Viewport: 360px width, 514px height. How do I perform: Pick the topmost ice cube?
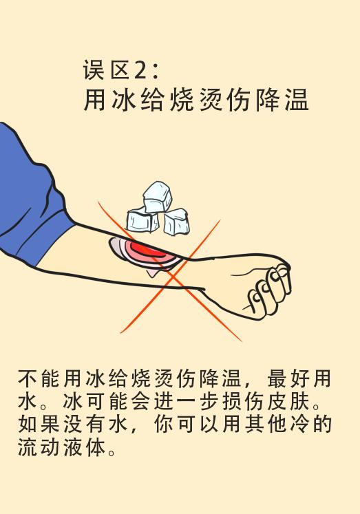click(x=157, y=196)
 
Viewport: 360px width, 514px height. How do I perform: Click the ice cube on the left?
click(x=142, y=220)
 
